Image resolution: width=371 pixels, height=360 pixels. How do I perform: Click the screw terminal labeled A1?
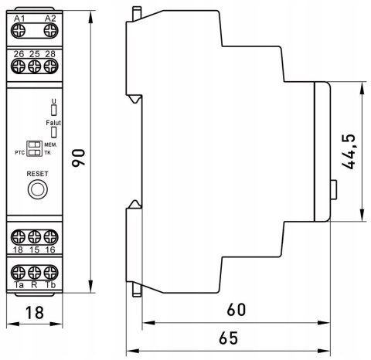19,31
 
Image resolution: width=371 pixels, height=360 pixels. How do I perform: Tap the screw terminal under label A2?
51,31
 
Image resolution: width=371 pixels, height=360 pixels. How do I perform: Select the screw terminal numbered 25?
35,66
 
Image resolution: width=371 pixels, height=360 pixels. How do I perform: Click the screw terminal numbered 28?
51,66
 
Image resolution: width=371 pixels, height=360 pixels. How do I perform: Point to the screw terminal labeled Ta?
19,273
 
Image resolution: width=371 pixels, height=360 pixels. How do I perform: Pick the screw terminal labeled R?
35,273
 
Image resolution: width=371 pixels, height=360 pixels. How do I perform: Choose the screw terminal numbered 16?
51,237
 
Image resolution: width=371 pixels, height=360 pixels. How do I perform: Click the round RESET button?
38,189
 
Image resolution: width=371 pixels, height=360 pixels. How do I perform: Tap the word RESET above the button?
37,174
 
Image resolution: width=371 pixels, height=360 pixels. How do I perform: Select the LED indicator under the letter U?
53,110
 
